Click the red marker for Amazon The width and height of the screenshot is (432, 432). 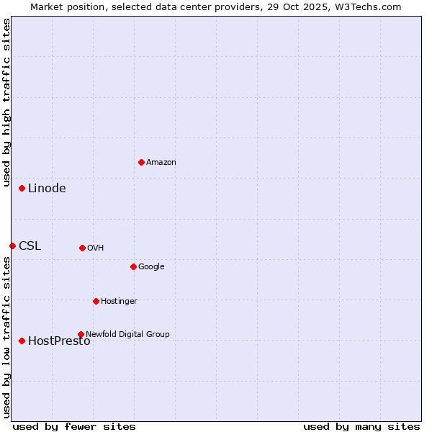[x=141, y=162]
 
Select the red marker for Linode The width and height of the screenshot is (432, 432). [x=22, y=188]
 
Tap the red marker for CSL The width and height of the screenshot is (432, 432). [x=12, y=246]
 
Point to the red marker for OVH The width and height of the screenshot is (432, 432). [x=82, y=248]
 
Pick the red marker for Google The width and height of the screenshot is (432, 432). [x=133, y=266]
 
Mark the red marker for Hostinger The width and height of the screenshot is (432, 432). [x=96, y=301]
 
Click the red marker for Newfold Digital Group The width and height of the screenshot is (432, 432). [x=81, y=334]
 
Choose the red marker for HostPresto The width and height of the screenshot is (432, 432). [x=22, y=341]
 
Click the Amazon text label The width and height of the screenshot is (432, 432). [x=161, y=162]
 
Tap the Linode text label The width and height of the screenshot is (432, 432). [x=47, y=189]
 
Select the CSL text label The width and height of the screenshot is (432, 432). [x=30, y=246]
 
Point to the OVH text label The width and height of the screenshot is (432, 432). [x=95, y=248]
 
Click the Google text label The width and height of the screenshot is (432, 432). [x=151, y=266]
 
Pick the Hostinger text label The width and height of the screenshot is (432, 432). [x=119, y=301]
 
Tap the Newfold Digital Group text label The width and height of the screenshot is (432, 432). [x=127, y=334]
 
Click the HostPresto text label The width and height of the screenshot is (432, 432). [x=59, y=341]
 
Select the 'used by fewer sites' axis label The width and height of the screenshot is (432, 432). [x=74, y=426]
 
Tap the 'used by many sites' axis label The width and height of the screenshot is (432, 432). [x=361, y=426]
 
